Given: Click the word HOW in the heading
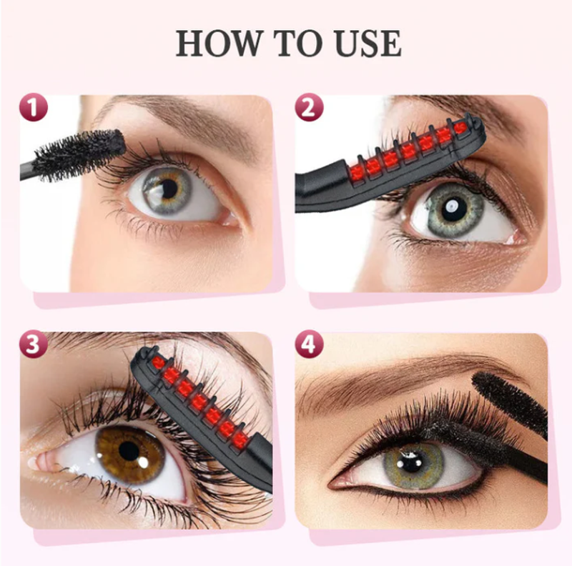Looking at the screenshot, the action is (x=220, y=43).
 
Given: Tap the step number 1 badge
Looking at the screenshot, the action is (x=34, y=108).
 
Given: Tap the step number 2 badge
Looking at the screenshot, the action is (x=309, y=108).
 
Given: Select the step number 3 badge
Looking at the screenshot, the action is (x=34, y=344).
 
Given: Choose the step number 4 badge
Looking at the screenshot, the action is (x=309, y=344).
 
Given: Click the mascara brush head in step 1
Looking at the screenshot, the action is (x=79, y=154).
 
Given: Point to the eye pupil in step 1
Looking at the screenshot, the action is (x=169, y=189).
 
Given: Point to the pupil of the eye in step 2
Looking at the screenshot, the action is (x=454, y=209).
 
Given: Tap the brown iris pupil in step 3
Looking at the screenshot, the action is (x=129, y=451).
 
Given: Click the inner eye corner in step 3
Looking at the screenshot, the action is (x=39, y=462).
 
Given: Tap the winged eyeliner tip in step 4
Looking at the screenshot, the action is (x=330, y=486).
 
